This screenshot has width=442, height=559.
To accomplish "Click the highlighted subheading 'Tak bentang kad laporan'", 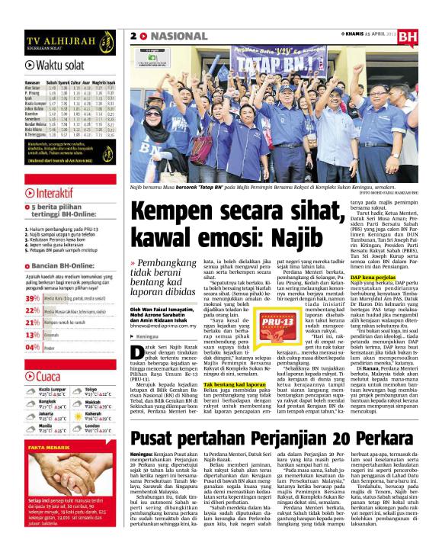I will [x=235, y=386].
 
